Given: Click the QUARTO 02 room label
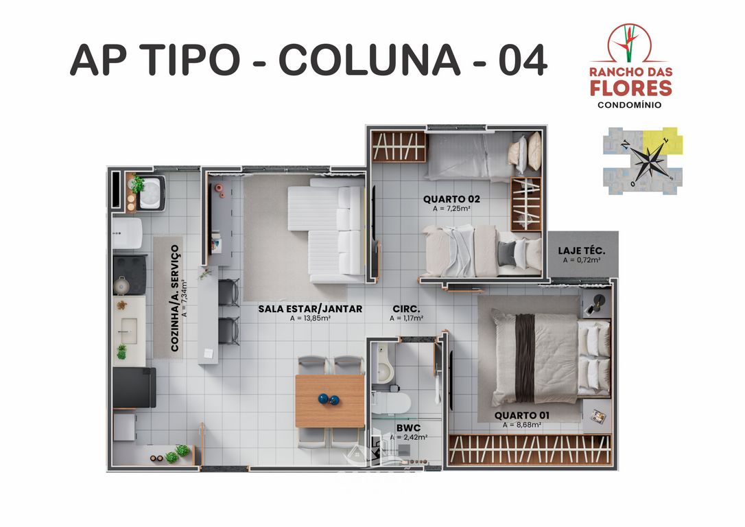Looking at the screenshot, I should (x=451, y=199).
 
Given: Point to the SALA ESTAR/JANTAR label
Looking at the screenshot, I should (x=310, y=309).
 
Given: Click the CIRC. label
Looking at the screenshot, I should (x=406, y=309).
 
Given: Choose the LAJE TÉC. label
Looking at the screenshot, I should (x=581, y=250).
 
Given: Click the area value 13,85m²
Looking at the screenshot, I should (x=310, y=318).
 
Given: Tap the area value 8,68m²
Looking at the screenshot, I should (x=521, y=425).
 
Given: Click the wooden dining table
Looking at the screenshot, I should (x=330, y=401).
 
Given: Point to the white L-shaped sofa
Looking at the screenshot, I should (x=329, y=230).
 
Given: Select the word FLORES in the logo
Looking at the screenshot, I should (x=631, y=88).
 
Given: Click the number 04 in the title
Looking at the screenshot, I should (x=522, y=60).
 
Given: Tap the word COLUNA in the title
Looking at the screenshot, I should (x=370, y=60).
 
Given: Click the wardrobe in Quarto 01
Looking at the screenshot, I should (x=530, y=449).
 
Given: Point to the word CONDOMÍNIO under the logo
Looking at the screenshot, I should (x=630, y=105).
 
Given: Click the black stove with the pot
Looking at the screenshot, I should (x=129, y=275).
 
